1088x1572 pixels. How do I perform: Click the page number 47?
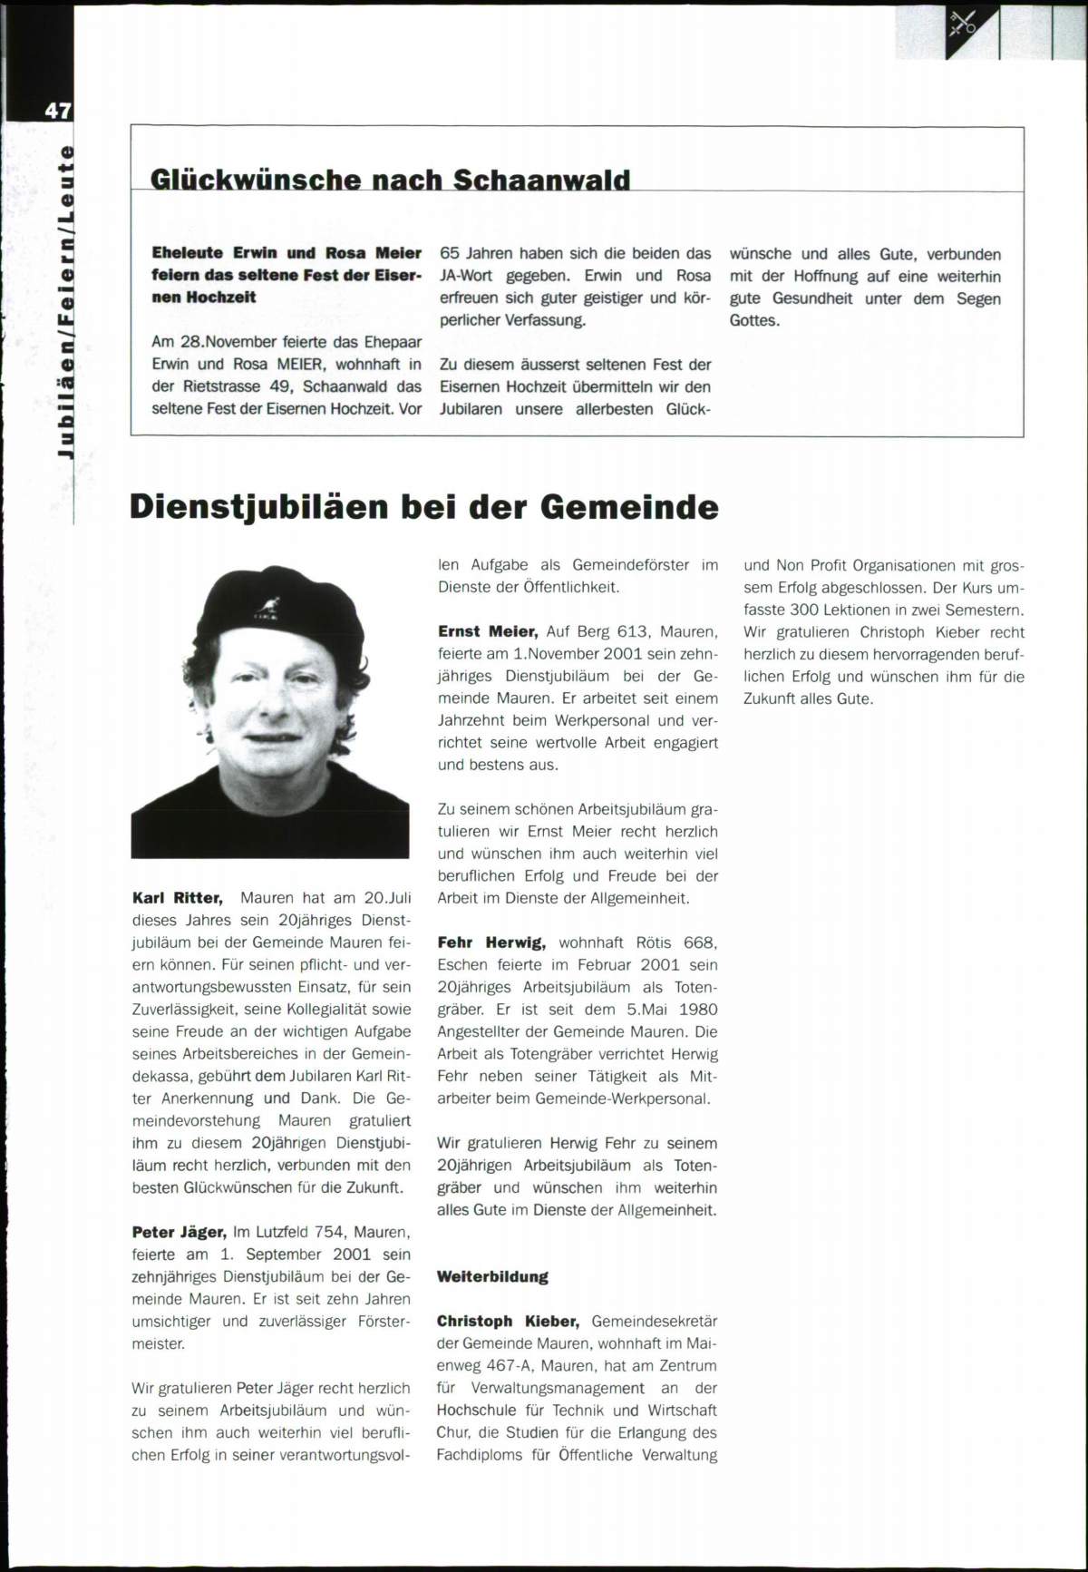[57, 111]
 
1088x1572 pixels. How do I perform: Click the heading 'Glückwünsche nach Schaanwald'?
[390, 179]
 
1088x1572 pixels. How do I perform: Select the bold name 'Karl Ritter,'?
[177, 898]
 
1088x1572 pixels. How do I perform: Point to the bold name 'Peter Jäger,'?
[179, 1232]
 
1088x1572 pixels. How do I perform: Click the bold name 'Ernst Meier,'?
[489, 631]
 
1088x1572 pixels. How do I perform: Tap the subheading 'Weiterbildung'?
[492, 1276]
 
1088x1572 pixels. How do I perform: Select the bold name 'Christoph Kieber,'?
[509, 1321]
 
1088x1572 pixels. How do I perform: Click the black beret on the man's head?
[272, 608]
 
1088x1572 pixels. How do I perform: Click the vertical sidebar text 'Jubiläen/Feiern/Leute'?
[63, 299]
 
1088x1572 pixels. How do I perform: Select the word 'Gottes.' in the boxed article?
[754, 320]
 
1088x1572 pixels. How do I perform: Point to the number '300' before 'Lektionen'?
[805, 610]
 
